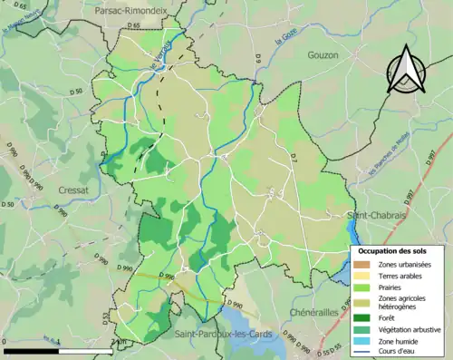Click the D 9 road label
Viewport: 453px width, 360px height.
(x=257, y=59)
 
